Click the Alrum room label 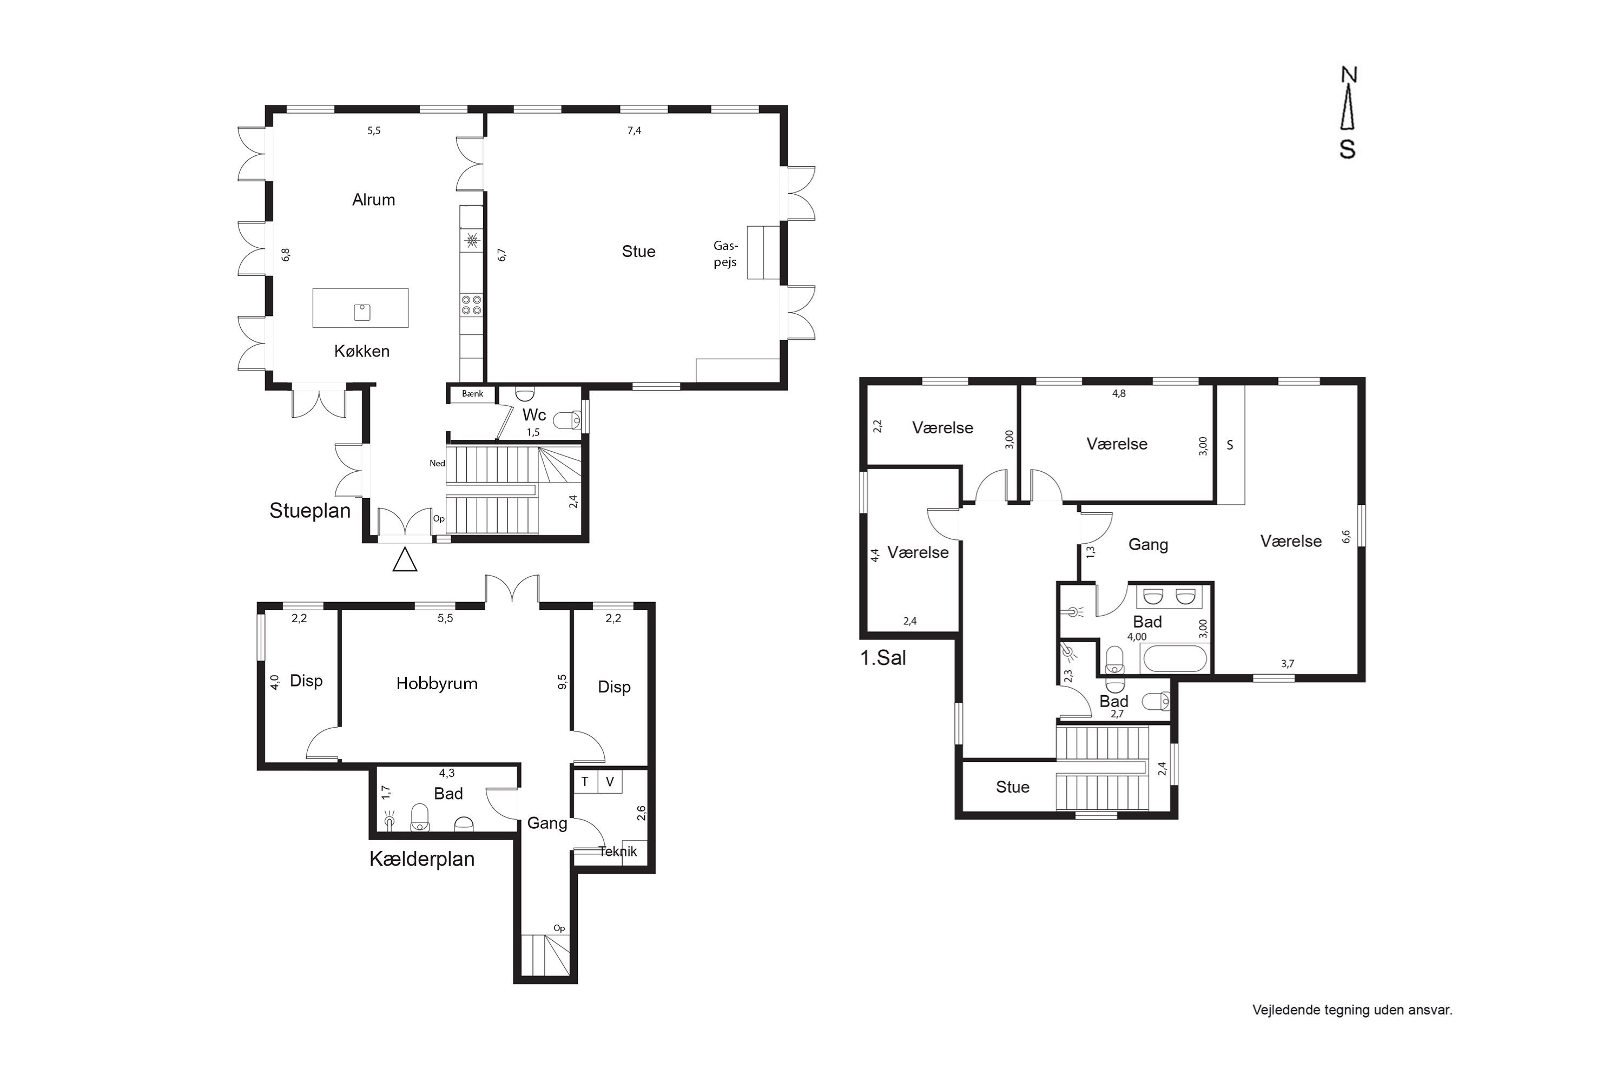(373, 200)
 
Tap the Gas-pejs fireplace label (725, 254)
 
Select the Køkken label (361, 351)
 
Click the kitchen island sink (361, 312)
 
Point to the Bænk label (473, 394)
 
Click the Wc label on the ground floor (534, 415)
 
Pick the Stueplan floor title (310, 511)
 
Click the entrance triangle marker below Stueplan (405, 559)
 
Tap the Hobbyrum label (437, 684)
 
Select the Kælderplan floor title (421, 859)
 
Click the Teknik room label (618, 852)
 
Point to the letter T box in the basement (585, 782)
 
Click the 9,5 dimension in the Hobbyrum (563, 682)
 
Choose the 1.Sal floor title (882, 658)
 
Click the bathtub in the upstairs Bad (1175, 658)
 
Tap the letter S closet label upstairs (1230, 445)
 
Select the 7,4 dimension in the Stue (634, 130)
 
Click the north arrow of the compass (1348, 113)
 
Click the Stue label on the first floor (1012, 787)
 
